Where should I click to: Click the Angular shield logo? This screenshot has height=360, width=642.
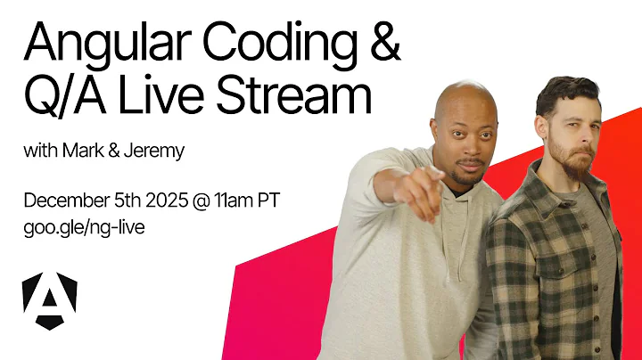point(49,299)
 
